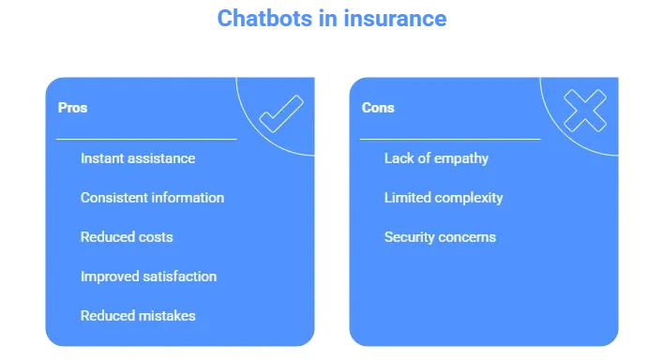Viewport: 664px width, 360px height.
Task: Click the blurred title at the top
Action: tap(332, 19)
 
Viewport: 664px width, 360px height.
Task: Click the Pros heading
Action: tap(72, 108)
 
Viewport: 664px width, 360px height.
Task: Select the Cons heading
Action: tap(378, 108)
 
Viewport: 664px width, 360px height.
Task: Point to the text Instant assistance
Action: tap(138, 158)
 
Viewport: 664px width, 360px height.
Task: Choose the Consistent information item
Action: tap(152, 198)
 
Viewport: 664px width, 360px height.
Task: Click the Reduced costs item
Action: tap(127, 237)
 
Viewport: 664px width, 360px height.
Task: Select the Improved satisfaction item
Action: tap(148, 277)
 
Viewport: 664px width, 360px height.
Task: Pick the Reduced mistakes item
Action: tap(138, 316)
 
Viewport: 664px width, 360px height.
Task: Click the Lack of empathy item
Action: tap(436, 158)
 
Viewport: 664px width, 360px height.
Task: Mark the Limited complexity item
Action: tap(444, 198)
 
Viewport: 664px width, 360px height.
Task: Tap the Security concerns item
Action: tap(440, 237)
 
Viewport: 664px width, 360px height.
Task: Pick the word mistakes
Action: tap(166, 316)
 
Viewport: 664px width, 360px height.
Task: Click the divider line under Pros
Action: tap(146, 139)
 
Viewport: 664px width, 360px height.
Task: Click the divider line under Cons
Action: tap(450, 139)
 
